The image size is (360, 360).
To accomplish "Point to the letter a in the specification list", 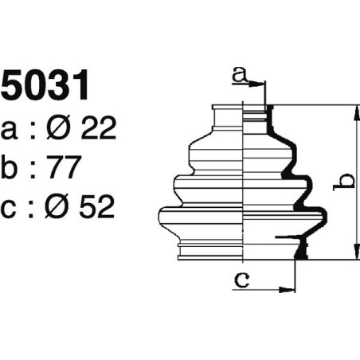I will click(x=10, y=130).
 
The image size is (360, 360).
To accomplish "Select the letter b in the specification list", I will click(x=11, y=167).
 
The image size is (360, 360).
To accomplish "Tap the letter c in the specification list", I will click(x=10, y=209).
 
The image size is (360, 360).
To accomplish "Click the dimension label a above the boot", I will click(x=238, y=76).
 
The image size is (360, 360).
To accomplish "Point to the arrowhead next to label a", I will click(x=261, y=83).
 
